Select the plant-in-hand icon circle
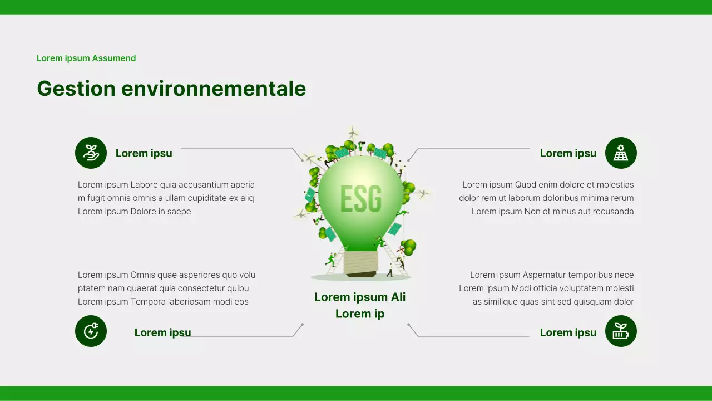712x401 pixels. (x=91, y=153)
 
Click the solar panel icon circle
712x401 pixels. (x=621, y=153)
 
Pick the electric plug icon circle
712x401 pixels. (x=91, y=331)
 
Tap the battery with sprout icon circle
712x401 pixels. (x=621, y=331)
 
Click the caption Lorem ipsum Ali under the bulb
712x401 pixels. (x=360, y=297)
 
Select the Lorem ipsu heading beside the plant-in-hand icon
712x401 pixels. (x=144, y=153)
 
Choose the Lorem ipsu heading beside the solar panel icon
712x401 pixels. (x=568, y=153)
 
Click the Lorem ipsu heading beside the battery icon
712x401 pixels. (x=568, y=332)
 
